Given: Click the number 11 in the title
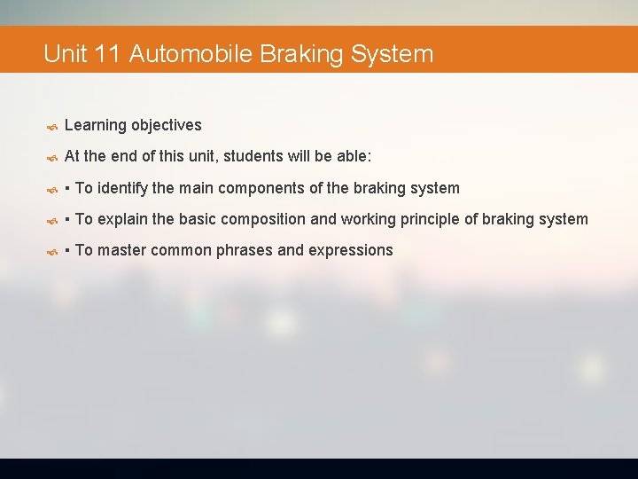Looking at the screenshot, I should click(x=106, y=54).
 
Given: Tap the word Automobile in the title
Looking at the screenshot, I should click(x=191, y=54).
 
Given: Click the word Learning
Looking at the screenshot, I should click(x=95, y=125).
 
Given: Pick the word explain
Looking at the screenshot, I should click(x=124, y=219).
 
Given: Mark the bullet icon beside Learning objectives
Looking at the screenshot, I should click(x=52, y=126).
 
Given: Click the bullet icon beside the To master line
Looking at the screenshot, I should click(x=52, y=251).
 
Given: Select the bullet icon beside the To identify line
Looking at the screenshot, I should click(x=52, y=189).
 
